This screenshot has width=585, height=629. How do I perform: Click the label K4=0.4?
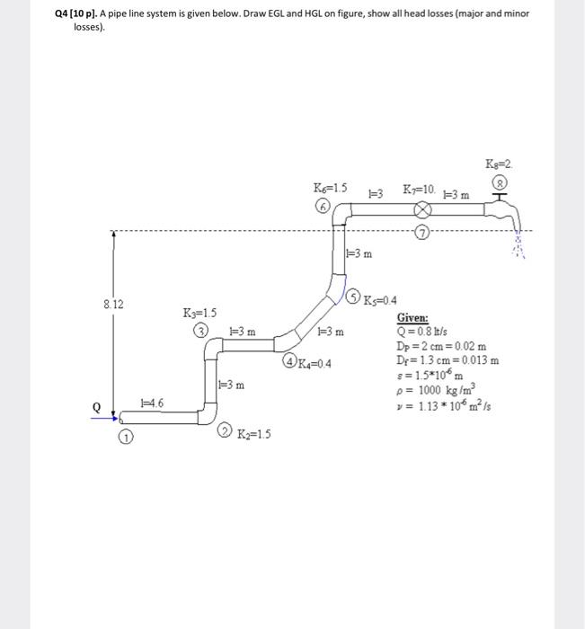point(314,363)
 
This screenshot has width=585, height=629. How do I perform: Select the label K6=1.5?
point(327,189)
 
